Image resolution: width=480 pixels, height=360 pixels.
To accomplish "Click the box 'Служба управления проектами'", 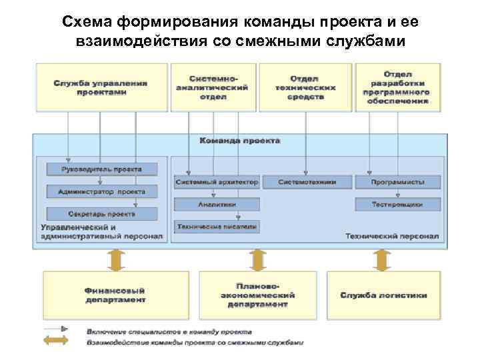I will pos(101,87).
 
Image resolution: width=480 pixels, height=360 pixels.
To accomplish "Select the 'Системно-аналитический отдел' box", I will pos(213,87).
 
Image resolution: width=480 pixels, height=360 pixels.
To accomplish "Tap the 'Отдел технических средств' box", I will pos(307,87).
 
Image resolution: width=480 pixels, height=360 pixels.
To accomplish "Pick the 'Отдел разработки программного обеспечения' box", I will pos(398,87).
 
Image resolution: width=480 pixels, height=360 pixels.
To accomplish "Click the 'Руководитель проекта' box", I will pos(101,169).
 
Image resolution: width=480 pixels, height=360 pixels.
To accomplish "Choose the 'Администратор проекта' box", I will pos(101,191).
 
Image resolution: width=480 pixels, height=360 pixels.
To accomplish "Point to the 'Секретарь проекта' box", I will pos(101,214).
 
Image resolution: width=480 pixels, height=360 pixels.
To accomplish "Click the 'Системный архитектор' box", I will pos(216,181).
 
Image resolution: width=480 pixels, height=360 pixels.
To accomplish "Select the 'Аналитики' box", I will pos(216,204).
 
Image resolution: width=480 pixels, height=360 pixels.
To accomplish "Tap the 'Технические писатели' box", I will pos(216,227).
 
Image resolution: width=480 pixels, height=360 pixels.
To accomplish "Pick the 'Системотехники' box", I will pos(307,181).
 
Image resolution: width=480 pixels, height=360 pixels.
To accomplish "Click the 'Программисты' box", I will pos(397,181).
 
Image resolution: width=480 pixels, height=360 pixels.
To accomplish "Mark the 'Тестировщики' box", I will pos(397,205).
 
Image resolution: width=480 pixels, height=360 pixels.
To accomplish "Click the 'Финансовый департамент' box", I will pos(115,295).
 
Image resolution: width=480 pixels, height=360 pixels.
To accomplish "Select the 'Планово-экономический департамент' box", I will pos(257,295).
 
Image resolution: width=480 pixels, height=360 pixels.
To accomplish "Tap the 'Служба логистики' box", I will pos(383,295).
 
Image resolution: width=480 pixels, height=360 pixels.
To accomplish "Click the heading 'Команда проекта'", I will pos(240,141).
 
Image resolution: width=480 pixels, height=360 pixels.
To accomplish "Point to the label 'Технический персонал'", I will pos(392,237).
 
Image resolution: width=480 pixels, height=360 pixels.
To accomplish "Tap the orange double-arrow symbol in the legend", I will pos(57,342).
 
